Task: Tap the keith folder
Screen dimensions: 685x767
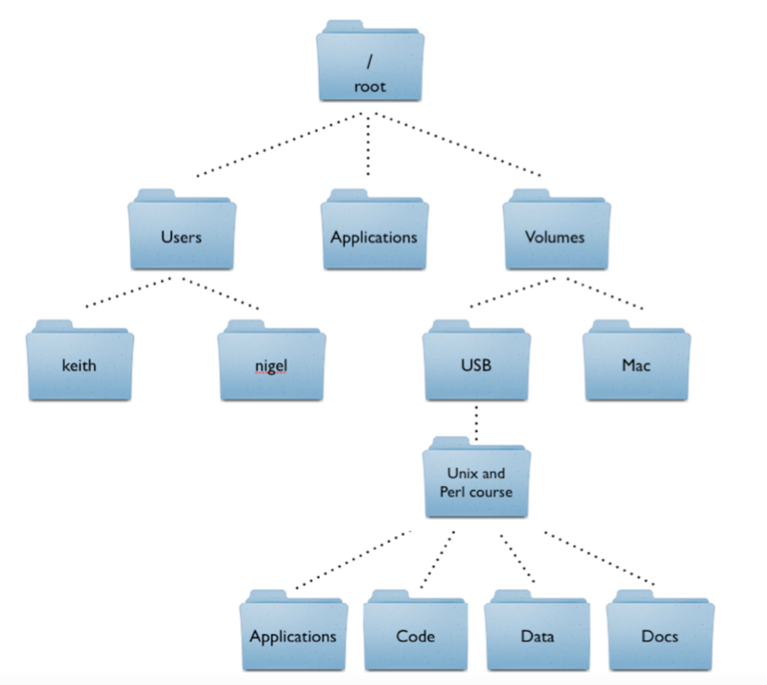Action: [x=80, y=362]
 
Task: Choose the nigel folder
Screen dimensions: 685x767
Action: [x=271, y=362]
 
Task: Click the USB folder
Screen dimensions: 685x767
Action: [x=476, y=362]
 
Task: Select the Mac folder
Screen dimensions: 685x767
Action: [x=636, y=362]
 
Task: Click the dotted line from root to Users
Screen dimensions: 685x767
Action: [x=276, y=146]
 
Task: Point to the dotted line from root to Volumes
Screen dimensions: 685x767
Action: [x=457, y=145]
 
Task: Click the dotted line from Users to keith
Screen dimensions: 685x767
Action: [x=128, y=293]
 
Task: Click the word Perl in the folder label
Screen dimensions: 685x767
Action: [x=453, y=492]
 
